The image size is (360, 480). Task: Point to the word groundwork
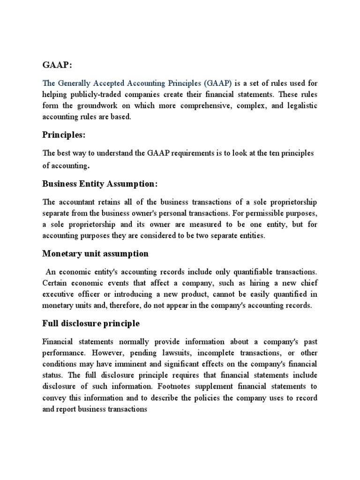coord(107,105)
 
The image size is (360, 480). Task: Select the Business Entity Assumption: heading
coord(100,184)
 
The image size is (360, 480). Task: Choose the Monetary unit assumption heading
coord(95,254)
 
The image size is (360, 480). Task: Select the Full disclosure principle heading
coord(91,323)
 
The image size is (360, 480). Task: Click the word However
coord(112,352)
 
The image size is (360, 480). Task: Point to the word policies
coord(221,397)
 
